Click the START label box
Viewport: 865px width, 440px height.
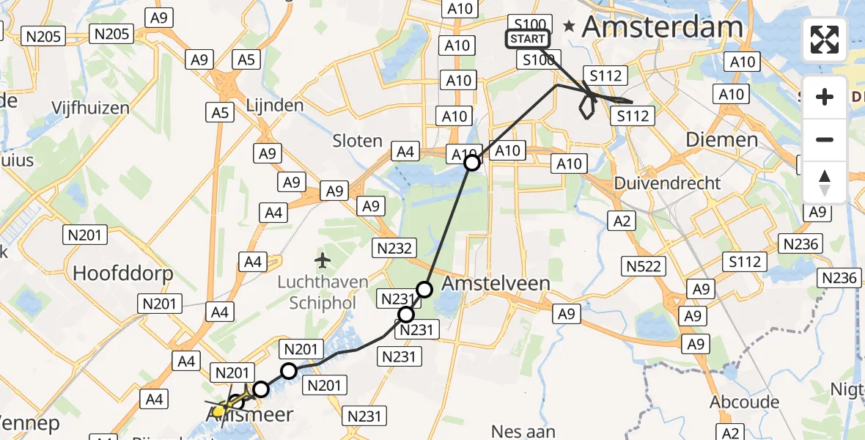pos(527,39)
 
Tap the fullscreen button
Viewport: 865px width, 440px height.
pos(825,40)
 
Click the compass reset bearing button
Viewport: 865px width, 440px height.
pos(825,183)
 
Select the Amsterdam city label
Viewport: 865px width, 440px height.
pos(662,28)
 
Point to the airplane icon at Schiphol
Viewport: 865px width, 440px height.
pos(322,260)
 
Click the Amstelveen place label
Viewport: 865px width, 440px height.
pos(496,284)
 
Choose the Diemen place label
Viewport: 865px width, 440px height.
pos(721,139)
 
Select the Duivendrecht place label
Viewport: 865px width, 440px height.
pos(668,183)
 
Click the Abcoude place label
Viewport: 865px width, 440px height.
pos(744,402)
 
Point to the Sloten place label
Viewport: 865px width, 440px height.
pos(358,141)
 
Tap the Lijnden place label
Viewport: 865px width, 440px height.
pos(276,106)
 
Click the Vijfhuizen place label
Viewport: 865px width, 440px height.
pos(90,108)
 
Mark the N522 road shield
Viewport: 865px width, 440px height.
pos(645,267)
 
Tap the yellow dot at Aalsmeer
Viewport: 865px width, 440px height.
pos(218,411)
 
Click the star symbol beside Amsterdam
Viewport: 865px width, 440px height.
pos(569,26)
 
